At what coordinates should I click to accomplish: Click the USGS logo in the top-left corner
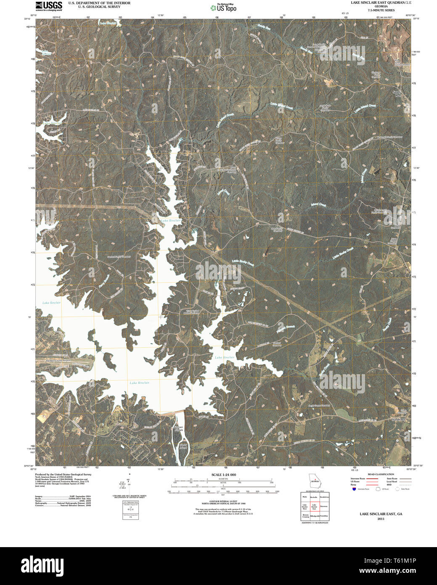49,5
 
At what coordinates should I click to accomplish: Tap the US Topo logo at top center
223,7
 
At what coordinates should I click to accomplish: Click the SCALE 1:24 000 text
223,475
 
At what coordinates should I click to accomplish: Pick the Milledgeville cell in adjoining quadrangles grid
315,516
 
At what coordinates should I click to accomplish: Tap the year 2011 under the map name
381,519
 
